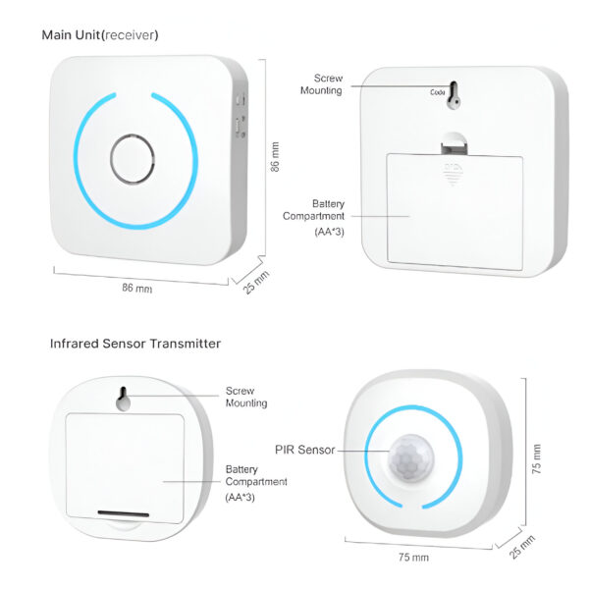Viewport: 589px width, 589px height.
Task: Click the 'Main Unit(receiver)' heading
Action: click(100, 35)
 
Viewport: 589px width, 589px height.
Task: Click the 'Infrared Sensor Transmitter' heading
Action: click(135, 344)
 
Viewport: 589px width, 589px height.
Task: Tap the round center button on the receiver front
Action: click(133, 159)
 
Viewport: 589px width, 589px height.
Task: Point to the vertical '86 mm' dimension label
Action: click(275, 157)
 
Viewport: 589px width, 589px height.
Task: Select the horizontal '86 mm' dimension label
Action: click(137, 288)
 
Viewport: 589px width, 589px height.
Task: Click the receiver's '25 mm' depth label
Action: click(255, 282)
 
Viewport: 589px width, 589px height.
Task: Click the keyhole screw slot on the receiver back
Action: click(454, 95)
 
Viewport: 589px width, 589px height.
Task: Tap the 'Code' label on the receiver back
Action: click(438, 92)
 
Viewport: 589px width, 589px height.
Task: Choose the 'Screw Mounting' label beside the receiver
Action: click(322, 84)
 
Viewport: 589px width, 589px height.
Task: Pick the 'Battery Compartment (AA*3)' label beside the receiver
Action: click(314, 218)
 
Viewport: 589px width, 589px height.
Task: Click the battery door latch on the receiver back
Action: click(454, 143)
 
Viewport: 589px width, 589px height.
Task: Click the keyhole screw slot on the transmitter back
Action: click(123, 399)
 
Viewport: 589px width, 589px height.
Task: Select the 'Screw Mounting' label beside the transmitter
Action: click(246, 397)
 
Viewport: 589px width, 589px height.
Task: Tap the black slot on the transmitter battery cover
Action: click(124, 513)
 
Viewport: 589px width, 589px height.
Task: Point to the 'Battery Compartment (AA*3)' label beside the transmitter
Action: click(256, 483)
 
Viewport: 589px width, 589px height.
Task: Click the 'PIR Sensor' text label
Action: click(304, 450)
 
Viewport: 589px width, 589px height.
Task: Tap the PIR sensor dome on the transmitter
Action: click(411, 458)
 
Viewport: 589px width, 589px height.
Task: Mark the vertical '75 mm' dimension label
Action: click(537, 458)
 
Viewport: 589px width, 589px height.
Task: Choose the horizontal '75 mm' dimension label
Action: click(413, 557)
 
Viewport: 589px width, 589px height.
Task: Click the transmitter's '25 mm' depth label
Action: click(522, 547)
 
